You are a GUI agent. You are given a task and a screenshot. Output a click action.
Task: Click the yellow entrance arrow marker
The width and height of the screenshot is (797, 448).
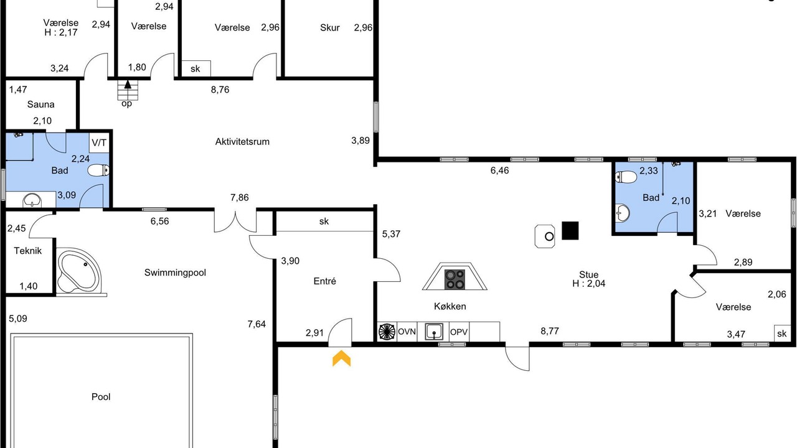point(342,358)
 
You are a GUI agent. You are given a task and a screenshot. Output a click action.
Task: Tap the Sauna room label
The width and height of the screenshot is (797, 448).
point(40,105)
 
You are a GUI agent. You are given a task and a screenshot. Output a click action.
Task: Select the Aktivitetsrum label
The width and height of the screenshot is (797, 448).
point(242,142)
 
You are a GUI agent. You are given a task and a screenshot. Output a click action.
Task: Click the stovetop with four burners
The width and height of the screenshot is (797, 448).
point(455,279)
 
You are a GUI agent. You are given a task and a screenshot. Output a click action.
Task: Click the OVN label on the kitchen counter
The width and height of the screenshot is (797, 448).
point(407,332)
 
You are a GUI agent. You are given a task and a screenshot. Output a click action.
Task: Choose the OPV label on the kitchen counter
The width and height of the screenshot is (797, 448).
point(459,332)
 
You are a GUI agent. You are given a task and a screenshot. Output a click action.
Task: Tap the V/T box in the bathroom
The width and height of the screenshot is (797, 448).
point(99,143)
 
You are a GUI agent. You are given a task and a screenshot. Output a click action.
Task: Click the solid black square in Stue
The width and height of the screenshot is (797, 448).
point(570,230)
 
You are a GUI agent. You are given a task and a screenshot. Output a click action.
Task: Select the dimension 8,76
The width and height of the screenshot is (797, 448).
point(220,90)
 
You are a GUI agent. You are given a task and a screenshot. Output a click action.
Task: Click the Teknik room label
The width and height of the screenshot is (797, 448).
point(28,251)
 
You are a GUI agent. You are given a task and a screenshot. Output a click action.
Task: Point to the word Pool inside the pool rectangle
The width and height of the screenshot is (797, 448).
point(101,397)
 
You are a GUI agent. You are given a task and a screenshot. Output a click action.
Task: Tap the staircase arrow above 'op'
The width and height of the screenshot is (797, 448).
point(128,85)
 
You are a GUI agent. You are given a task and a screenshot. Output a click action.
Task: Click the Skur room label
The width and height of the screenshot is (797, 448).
point(330,28)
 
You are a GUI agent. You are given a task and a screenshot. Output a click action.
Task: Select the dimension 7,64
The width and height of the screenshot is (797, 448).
point(257,324)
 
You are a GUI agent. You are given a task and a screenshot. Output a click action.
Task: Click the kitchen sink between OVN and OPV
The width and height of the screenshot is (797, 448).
point(434,332)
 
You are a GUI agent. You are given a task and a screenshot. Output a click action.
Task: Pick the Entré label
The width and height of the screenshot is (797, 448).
point(324,281)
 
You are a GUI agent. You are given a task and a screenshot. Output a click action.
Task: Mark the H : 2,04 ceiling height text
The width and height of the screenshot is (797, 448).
point(588,283)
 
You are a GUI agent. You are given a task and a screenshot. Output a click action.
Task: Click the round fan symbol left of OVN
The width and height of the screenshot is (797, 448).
point(387,332)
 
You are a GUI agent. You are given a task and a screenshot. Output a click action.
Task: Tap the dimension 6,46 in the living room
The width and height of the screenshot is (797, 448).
point(499,170)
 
